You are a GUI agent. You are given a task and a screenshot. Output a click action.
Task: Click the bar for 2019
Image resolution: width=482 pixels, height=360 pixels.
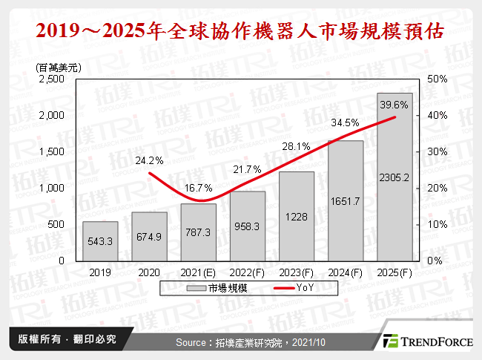point(99,241)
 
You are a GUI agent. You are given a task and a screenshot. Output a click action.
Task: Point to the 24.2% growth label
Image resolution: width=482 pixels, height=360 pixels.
point(149,160)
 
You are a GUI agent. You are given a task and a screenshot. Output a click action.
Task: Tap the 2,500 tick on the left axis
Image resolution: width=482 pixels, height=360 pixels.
point(52,79)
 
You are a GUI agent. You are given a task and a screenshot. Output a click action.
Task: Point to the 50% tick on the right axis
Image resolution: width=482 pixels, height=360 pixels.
point(438,79)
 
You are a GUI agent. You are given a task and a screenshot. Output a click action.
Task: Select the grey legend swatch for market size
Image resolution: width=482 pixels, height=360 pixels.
point(197,288)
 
